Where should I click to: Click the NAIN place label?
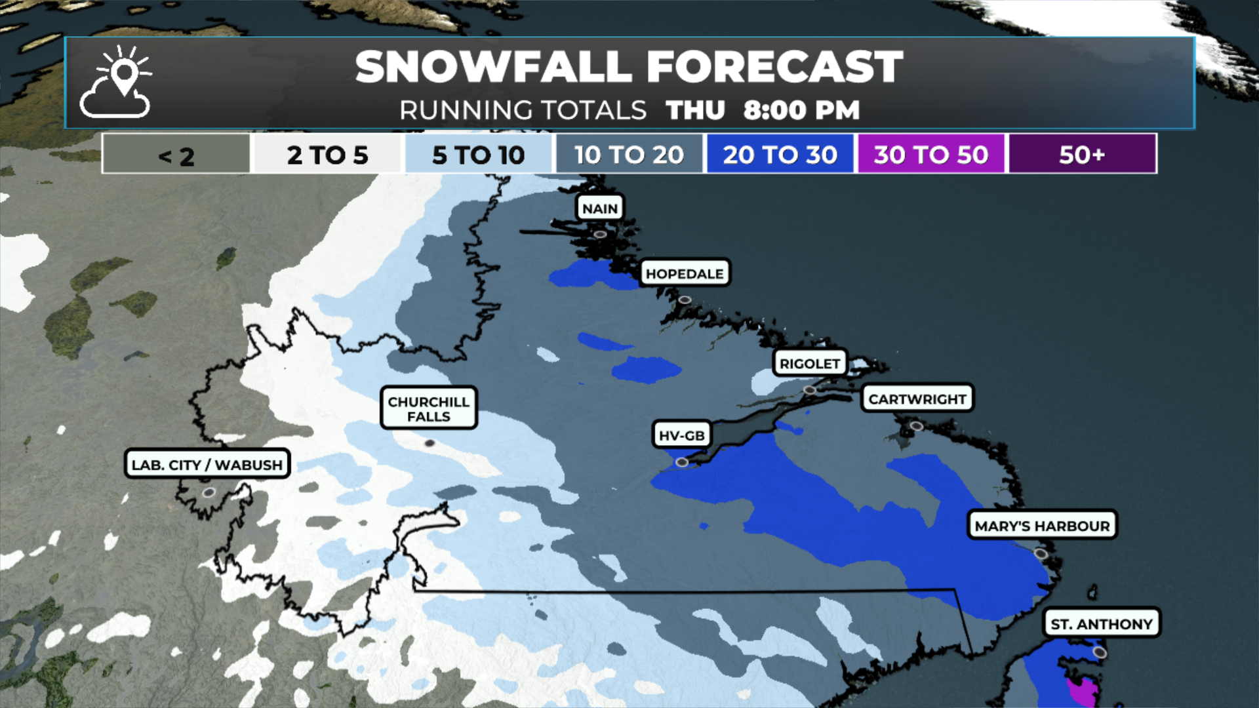(600, 208)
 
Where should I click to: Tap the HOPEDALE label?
(685, 273)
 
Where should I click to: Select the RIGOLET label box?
(810, 363)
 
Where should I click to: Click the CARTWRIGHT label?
(917, 399)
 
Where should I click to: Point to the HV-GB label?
(681, 435)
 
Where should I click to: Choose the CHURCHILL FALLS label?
(428, 408)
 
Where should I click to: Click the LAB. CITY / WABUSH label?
(207, 464)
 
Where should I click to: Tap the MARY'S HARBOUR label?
(1042, 526)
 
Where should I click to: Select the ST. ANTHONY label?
(1102, 623)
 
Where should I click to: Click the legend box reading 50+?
(1082, 155)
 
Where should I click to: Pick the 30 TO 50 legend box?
(930, 155)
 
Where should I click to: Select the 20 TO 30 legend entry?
(780, 155)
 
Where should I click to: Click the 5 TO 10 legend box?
(478, 155)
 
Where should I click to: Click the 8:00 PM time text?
(801, 110)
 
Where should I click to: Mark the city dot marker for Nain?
(600, 234)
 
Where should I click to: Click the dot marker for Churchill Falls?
(430, 443)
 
